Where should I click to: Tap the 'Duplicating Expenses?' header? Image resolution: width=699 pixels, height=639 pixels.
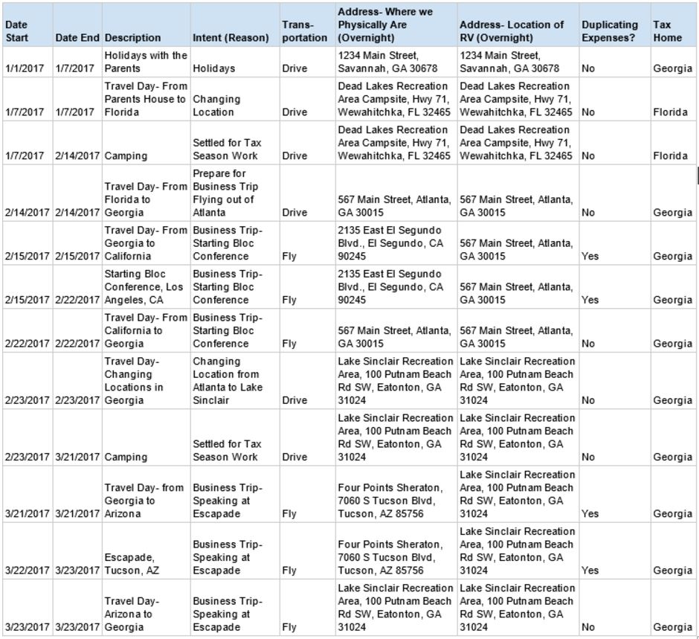[x=609, y=30]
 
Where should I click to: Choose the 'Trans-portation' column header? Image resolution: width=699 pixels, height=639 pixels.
[x=304, y=30]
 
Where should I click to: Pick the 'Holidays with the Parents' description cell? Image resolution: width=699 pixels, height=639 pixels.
[x=146, y=62]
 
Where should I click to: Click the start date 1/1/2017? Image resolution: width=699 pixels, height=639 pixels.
[x=25, y=68]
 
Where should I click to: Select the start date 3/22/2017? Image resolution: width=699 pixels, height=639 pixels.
[x=28, y=571]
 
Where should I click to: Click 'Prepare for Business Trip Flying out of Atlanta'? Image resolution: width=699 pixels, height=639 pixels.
[x=223, y=193]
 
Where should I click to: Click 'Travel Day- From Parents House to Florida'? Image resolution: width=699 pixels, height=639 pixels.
[x=145, y=99]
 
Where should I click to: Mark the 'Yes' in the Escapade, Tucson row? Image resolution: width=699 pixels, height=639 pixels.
[x=590, y=571]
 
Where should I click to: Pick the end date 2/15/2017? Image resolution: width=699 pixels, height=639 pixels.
[x=77, y=256]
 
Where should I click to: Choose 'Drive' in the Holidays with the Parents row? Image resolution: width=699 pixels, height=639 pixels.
[x=294, y=68]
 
